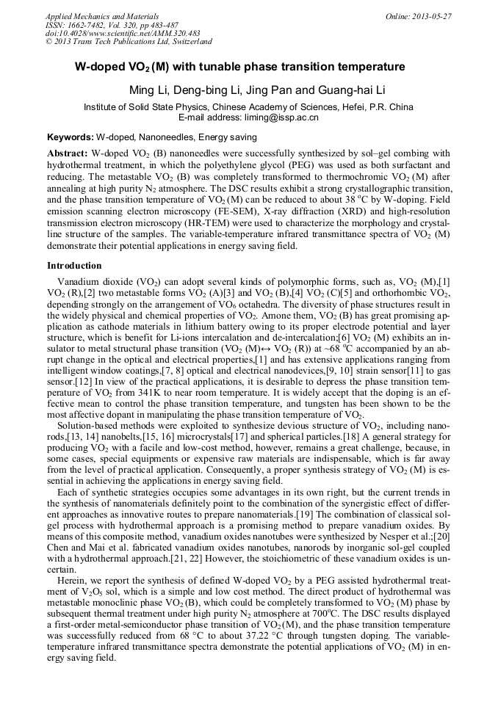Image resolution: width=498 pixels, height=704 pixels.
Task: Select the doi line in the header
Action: (x=123, y=33)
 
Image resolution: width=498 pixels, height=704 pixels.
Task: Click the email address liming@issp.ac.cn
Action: (x=273, y=117)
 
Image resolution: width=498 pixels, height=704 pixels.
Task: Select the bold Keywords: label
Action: (x=71, y=137)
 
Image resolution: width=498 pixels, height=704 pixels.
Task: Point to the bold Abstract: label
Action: (x=68, y=153)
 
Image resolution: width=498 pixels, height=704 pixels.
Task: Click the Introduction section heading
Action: (x=74, y=265)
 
